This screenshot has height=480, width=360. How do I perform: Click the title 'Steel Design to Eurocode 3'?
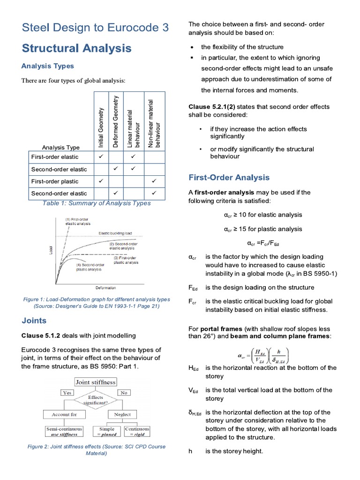coord(95,28)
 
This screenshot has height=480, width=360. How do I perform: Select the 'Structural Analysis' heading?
coord(77,48)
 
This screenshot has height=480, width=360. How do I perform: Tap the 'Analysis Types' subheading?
coord(48,66)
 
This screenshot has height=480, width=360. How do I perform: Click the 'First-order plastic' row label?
coord(55,181)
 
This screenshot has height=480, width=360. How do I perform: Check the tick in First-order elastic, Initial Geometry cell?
coord(101,157)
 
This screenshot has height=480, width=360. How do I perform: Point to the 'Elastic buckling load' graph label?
coord(115,233)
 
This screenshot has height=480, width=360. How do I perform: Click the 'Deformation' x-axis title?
coord(105,287)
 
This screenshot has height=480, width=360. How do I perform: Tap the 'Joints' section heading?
coord(34,321)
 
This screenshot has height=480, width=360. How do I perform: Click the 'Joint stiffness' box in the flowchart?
coord(96,382)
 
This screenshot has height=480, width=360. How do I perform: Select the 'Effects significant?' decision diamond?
coord(96,400)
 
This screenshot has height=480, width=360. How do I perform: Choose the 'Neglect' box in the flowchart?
coord(122,414)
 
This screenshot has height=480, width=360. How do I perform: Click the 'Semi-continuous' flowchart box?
coord(64,431)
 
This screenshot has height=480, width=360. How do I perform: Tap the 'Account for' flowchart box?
coord(64,414)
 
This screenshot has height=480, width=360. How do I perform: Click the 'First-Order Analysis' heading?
coord(229,177)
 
